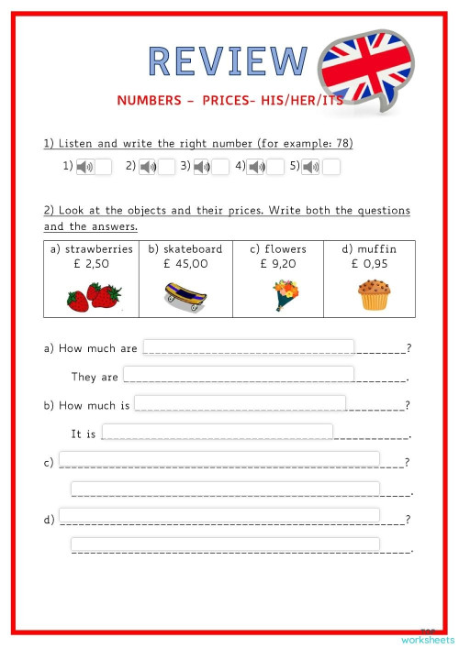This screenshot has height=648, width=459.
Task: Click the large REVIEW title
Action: (228, 60)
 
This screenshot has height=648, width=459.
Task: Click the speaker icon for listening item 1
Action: (84, 167)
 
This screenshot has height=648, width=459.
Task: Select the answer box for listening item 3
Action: (220, 167)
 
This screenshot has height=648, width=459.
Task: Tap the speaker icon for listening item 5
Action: (312, 167)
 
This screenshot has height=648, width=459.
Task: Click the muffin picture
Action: (372, 295)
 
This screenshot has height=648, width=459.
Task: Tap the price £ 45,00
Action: (185, 264)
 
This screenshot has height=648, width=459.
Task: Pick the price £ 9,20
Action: (277, 264)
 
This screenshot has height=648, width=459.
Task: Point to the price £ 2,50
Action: (92, 264)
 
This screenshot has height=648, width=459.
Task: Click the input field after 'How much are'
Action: (248, 346)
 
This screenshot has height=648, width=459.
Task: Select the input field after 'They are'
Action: (239, 374)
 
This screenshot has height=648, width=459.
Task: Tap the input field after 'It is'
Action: (218, 432)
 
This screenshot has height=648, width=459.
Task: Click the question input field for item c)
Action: (219, 459)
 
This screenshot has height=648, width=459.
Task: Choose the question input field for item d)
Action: (219, 516)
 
